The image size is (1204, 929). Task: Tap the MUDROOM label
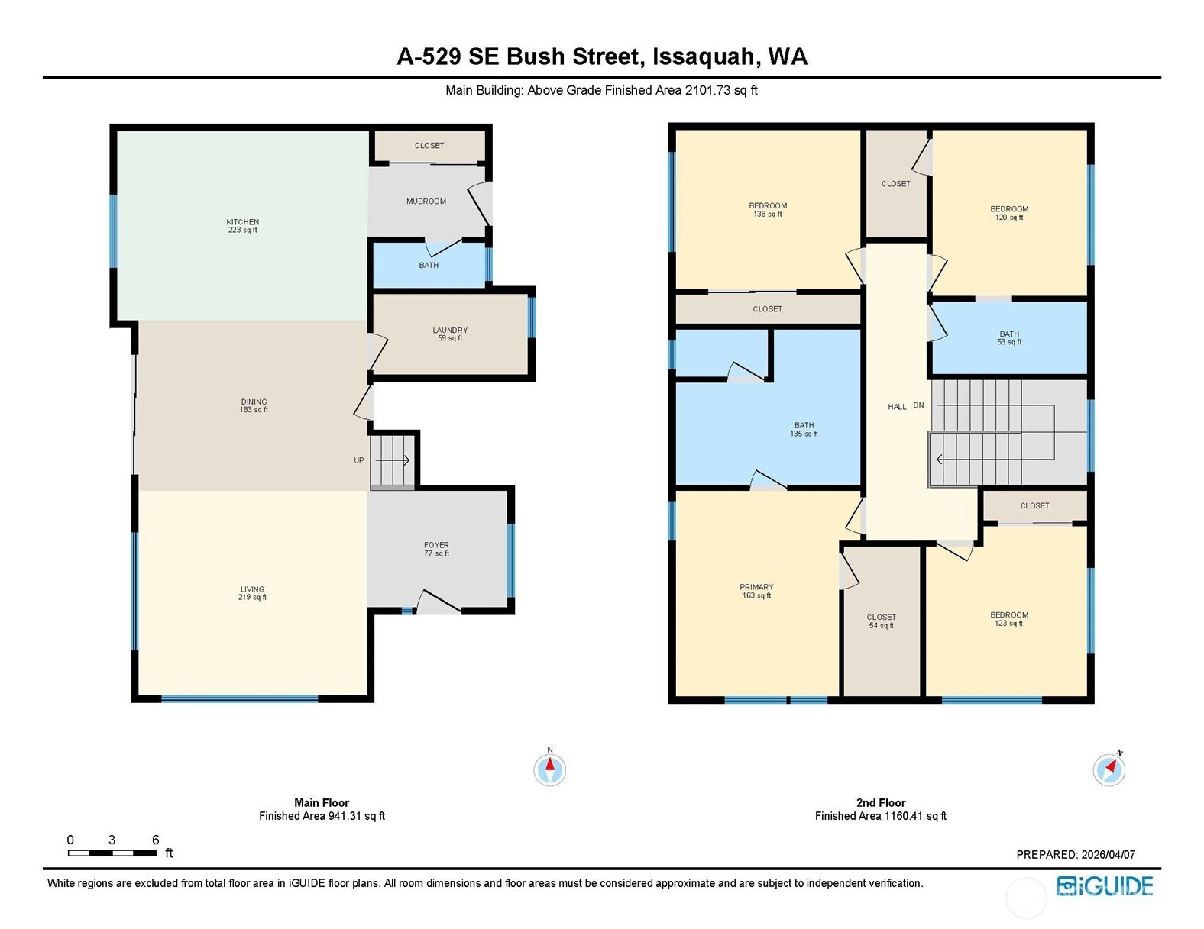426,202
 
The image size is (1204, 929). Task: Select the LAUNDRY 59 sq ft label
450,334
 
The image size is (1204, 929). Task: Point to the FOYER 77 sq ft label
437,549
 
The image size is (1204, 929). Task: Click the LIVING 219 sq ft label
253,593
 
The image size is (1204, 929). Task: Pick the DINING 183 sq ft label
254,406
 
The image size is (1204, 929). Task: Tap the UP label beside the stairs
359,460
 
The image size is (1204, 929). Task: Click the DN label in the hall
918,405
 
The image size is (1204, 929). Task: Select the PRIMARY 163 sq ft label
756,592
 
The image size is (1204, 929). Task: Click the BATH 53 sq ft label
1009,337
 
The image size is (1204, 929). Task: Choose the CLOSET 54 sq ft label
882,621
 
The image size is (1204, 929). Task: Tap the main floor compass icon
549,769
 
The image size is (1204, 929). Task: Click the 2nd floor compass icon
1109,769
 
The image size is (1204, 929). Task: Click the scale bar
112,853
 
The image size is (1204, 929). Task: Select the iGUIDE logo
1105,885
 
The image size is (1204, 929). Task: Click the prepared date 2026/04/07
1109,854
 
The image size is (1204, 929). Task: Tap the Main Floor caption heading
322,803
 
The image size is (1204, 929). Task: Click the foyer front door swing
439,602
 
